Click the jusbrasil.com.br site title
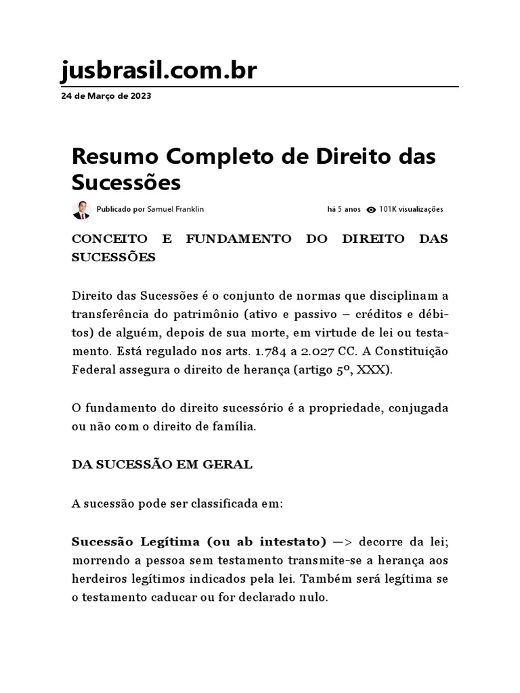(x=158, y=70)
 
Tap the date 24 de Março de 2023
(x=106, y=96)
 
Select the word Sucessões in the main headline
(x=127, y=183)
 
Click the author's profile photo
(x=81, y=210)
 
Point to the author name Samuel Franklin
(x=175, y=210)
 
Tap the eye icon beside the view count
(x=370, y=210)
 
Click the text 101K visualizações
(x=411, y=210)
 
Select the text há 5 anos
(x=344, y=210)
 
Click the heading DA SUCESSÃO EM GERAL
(x=162, y=465)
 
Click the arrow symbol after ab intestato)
(x=343, y=542)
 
